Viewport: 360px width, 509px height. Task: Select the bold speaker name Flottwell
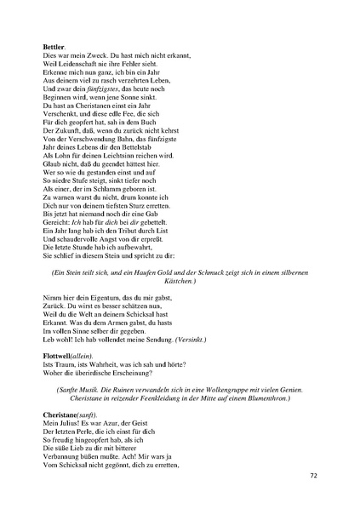tap(60, 352)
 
